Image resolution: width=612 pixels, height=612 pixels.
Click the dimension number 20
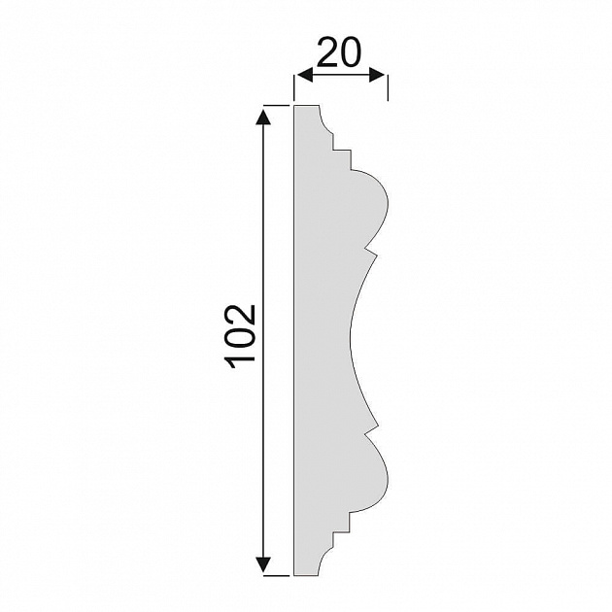[x=339, y=52]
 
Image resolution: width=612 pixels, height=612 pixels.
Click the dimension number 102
[x=241, y=337]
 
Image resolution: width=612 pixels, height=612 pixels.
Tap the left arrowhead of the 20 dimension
[x=305, y=75]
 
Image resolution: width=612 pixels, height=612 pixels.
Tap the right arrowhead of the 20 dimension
[x=377, y=75]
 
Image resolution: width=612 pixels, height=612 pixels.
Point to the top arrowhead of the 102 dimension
[x=263, y=118]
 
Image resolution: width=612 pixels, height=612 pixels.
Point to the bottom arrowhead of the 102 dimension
[x=263, y=564]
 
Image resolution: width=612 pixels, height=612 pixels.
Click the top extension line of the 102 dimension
[x=276, y=105]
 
